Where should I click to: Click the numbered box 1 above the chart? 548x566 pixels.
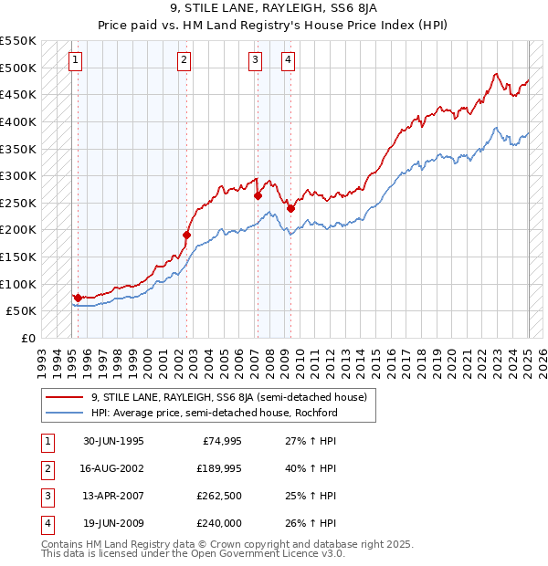pos(75,61)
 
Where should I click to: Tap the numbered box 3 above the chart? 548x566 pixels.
pos(254,61)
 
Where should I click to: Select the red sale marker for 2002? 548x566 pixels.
pos(186,235)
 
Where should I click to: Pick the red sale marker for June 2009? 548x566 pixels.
pos(290,208)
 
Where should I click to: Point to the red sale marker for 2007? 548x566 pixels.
pos(258,195)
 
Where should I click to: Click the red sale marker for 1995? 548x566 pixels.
pos(78,298)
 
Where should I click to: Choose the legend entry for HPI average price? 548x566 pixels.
pos(214,413)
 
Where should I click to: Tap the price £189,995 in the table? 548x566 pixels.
pos(216,468)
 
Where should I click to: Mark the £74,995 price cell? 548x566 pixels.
pos(220,441)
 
